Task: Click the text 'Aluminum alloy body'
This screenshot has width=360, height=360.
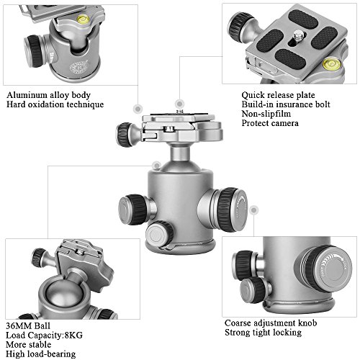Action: [x=48, y=95]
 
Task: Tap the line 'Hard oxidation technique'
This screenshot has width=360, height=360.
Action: [x=55, y=104]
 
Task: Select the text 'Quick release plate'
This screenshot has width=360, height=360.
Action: [x=278, y=95]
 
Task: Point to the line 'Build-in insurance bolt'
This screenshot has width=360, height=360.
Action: [x=286, y=104]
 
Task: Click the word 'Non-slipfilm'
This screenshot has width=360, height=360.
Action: [x=266, y=114]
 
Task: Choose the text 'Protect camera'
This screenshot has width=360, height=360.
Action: [x=270, y=123]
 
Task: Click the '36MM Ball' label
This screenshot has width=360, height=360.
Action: [x=28, y=325]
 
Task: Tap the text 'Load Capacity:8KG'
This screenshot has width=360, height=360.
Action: [x=44, y=335]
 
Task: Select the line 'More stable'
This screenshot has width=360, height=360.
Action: [x=28, y=344]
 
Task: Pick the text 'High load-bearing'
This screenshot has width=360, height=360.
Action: [x=40, y=354]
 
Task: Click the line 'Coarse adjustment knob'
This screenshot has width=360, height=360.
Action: [x=271, y=323]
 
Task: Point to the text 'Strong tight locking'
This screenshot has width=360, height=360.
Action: [x=263, y=333]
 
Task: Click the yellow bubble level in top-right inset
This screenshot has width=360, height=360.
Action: [x=330, y=63]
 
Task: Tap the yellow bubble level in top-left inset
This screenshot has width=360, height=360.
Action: [x=82, y=18]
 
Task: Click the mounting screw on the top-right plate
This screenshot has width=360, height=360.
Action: [x=298, y=35]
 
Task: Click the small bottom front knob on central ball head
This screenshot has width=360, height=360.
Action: [x=159, y=233]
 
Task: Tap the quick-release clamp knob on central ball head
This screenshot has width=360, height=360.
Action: [x=125, y=135]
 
